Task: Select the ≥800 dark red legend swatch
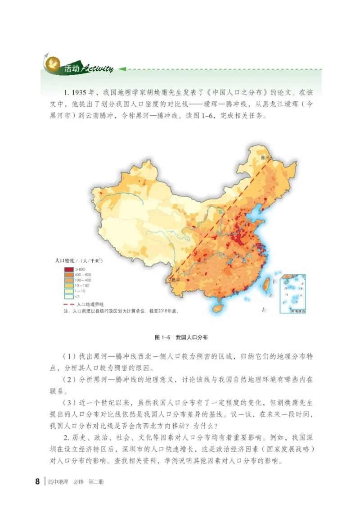(69, 268)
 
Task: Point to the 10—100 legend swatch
(69, 286)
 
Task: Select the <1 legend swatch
(69, 297)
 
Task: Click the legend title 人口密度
(64, 261)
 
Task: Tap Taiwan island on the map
(266, 283)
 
